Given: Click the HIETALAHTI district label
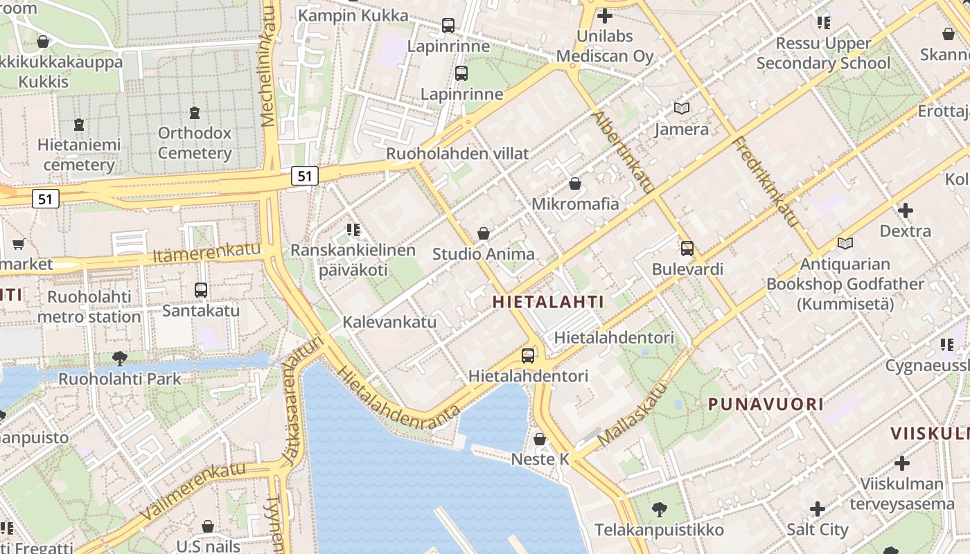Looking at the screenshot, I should click(548, 302).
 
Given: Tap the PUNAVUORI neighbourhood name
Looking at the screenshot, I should click(766, 404).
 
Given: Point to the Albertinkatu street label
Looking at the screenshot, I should click(623, 152).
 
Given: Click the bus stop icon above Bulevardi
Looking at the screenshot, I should click(687, 249).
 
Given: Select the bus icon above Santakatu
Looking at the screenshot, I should click(201, 289).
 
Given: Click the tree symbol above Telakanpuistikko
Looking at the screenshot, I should click(660, 510).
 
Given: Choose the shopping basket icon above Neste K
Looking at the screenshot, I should click(540, 439).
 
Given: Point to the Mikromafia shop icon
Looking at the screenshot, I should click(575, 184).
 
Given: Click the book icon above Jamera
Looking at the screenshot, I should click(682, 109).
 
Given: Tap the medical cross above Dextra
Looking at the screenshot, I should click(905, 210).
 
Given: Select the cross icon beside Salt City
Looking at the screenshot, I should click(818, 510).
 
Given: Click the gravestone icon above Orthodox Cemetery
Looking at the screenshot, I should click(195, 112).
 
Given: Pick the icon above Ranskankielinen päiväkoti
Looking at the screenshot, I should click(353, 229).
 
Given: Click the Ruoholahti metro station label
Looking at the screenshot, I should click(89, 307).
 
